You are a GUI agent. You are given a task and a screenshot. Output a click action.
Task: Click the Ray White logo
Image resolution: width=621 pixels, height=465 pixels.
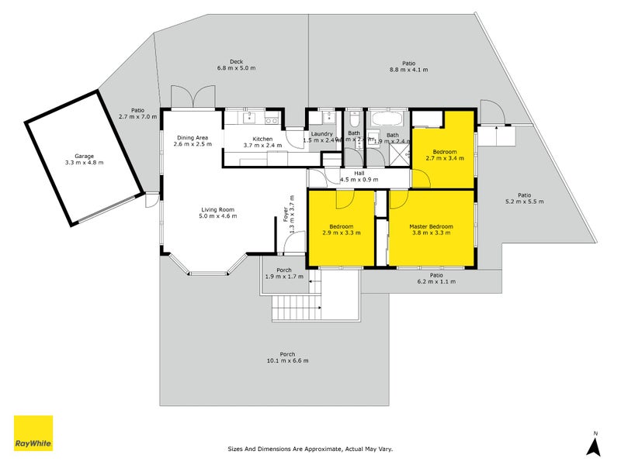click(33, 433)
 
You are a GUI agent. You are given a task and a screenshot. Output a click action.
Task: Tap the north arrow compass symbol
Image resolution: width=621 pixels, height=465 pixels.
click(595, 444)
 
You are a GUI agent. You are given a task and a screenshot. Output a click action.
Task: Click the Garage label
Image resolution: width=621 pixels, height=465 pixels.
click(83, 159)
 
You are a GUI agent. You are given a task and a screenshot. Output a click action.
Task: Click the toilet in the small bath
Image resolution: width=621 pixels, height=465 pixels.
click(354, 120)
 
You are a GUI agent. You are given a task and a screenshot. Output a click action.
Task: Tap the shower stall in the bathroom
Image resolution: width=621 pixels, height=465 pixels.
click(400, 153)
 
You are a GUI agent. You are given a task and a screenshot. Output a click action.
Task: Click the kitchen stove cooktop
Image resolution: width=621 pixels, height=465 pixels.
click(271, 119)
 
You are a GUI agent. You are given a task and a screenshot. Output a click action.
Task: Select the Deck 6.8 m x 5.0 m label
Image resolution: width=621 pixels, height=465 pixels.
click(236, 65)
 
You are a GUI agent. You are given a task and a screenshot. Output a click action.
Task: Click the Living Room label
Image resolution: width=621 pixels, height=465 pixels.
click(218, 213)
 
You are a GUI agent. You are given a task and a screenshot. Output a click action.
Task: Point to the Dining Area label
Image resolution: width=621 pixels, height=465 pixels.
click(192, 140)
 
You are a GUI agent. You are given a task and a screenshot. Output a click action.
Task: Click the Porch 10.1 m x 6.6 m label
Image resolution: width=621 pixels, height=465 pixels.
click(287, 357)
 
